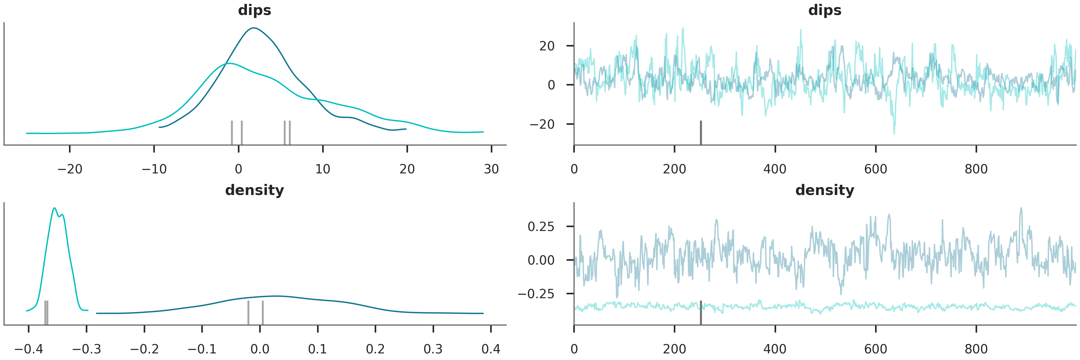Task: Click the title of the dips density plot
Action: click(x=254, y=10)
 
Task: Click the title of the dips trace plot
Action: click(x=824, y=10)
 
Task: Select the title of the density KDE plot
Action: click(x=254, y=190)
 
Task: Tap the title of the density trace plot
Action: click(x=824, y=190)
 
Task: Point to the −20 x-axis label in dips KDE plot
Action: click(x=70, y=169)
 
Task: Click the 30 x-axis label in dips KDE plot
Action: click(x=491, y=169)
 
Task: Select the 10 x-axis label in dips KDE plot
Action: click(x=323, y=169)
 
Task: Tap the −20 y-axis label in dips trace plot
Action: click(x=542, y=124)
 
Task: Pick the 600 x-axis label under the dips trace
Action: click(x=875, y=169)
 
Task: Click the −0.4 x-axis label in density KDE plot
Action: click(x=28, y=349)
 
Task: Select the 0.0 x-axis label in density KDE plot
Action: click(x=260, y=349)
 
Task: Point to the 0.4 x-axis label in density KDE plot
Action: click(x=491, y=349)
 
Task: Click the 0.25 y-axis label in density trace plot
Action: click(x=541, y=227)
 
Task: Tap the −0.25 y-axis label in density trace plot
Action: click(x=536, y=294)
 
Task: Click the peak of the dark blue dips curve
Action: click(x=253, y=28)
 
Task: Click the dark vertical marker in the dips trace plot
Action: click(x=700, y=132)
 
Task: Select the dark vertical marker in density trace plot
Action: click(x=700, y=313)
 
